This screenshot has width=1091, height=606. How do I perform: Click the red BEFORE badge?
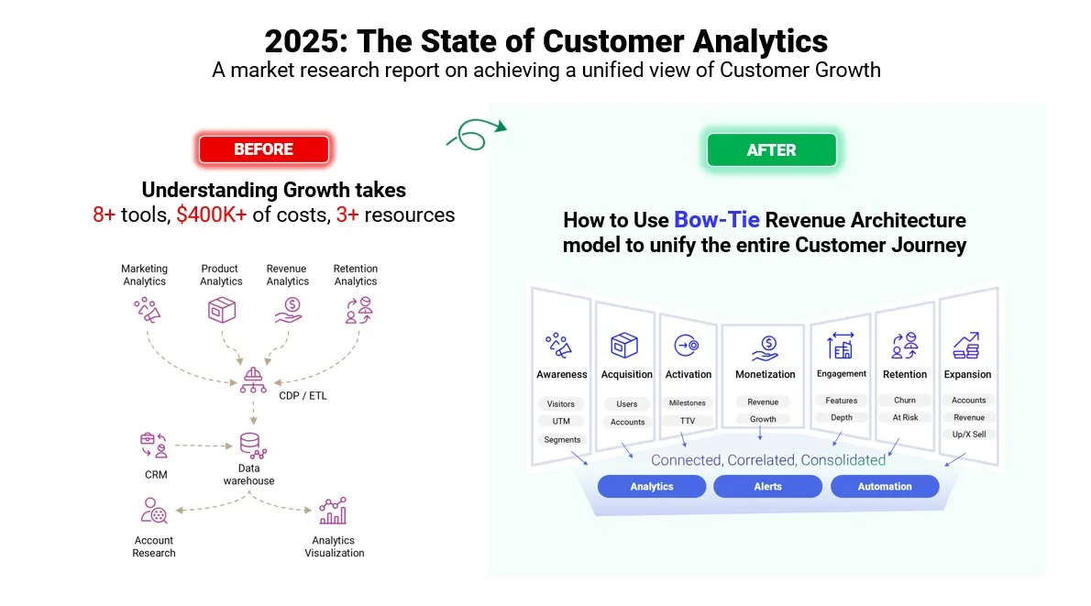coord(263,149)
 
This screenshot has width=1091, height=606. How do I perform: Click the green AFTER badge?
coord(771,150)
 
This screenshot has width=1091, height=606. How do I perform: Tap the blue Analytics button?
coord(652,487)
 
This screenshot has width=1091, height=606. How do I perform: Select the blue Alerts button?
coord(767,487)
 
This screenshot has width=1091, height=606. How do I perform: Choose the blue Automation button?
coord(885,487)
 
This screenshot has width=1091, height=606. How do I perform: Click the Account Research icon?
coord(153,511)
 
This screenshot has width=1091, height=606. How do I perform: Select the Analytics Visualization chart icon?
coord(332,511)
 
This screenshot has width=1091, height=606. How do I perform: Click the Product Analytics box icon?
coord(221,310)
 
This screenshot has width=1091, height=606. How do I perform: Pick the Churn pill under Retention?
coord(904,401)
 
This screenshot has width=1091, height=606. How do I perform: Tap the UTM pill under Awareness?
coord(561,422)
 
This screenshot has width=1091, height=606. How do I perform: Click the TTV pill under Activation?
coord(688,421)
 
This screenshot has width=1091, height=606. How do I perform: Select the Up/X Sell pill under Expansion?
coord(968,435)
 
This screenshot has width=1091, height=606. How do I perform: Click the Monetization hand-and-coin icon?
coord(765,348)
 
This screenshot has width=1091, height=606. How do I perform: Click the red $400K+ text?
coord(212,215)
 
